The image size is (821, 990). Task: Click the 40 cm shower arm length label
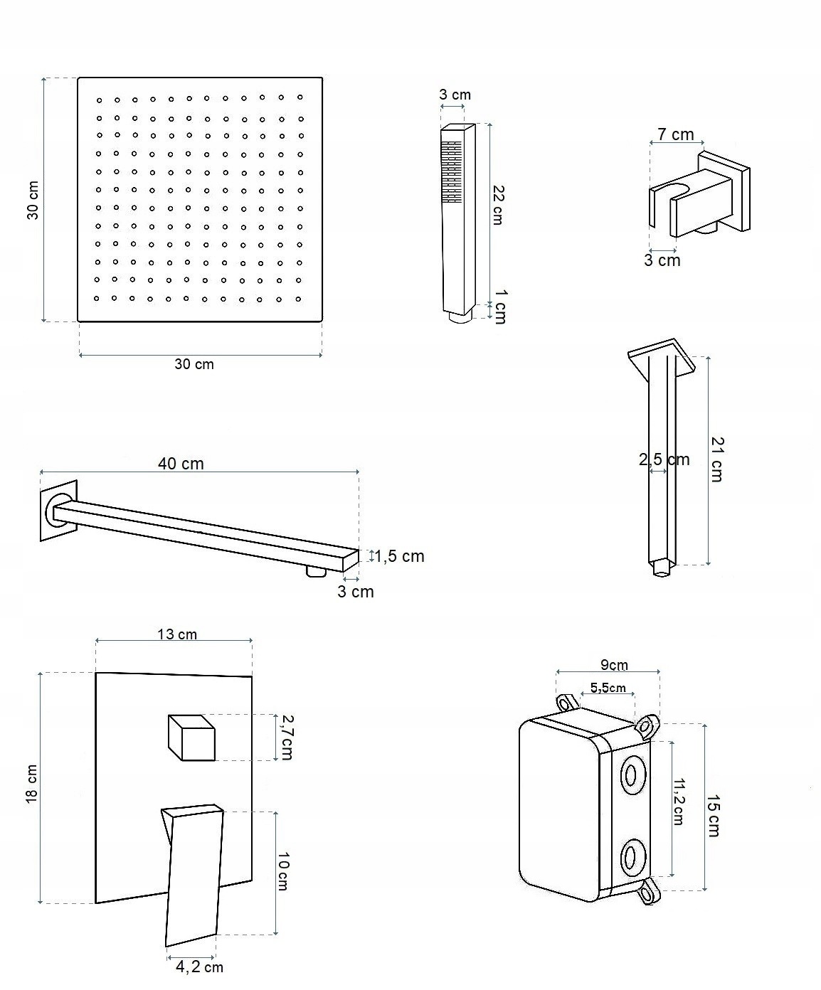coord(181,464)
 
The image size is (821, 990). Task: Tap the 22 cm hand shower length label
coord(498,205)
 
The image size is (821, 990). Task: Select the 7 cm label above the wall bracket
coord(675,134)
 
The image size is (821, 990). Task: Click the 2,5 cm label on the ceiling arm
coord(664,459)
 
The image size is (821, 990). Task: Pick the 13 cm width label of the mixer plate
coord(177,634)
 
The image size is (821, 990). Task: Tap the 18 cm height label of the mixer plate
coord(32,784)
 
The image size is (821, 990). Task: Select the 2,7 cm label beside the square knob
coord(286,738)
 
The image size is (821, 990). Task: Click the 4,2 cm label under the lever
coord(199,967)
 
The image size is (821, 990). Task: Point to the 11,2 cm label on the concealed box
coord(678,802)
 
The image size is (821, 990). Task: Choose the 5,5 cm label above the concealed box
coord(608,688)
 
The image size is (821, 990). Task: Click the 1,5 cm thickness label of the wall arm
coord(400,556)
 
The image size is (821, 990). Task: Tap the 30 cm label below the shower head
coord(194,364)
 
